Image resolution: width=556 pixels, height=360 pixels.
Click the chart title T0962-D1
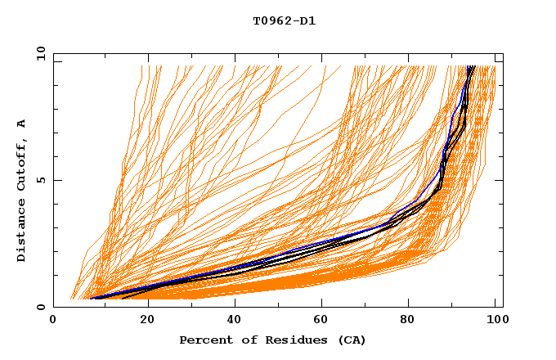[x=284, y=21]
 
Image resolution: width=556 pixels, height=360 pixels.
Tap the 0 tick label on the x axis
[x=54, y=322]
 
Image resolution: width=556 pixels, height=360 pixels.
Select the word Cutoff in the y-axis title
[x=21, y=164]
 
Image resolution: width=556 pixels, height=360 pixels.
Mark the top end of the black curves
[x=471, y=67]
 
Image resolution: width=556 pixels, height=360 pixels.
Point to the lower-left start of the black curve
[x=123, y=298]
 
